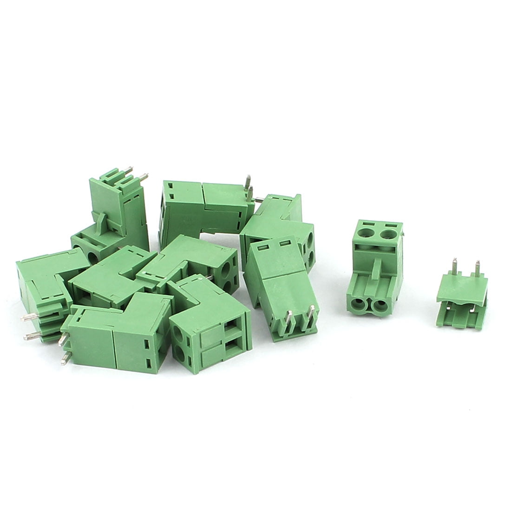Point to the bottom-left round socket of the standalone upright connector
(x=358, y=305)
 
